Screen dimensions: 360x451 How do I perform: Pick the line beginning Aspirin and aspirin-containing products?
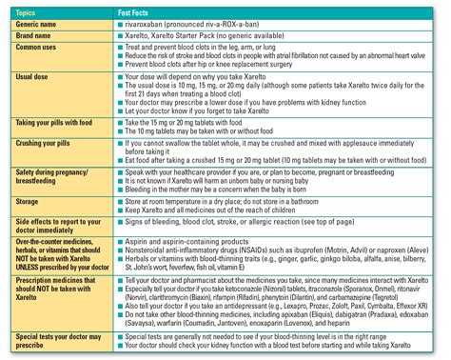pos(191,242)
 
